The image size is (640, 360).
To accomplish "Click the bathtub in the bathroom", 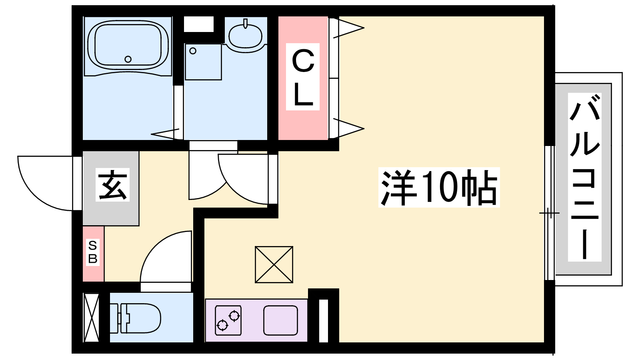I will tap(128, 45).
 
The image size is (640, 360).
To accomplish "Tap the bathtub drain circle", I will tap(128, 59).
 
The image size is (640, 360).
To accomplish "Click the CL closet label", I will tap(303, 77).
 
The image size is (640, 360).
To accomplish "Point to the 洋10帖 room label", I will tap(439, 187).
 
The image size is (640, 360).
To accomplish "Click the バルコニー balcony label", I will tap(585, 177).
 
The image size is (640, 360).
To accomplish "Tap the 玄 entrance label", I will tap(113, 184).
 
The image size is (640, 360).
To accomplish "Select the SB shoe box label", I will tap(93, 252).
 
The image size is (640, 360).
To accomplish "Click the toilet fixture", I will tap(138, 318).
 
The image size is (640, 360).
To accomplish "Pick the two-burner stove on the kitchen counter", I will tap(228, 320).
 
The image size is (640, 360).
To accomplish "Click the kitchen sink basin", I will tap(280, 320).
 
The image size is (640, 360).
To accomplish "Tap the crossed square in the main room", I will tap(274, 264).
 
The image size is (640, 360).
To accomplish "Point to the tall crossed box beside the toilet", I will tap(91, 318).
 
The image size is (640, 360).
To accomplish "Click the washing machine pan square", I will tap(203, 62).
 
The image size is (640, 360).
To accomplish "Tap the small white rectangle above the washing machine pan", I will tap(198, 24).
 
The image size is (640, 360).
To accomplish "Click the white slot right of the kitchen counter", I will tap(323, 320).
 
